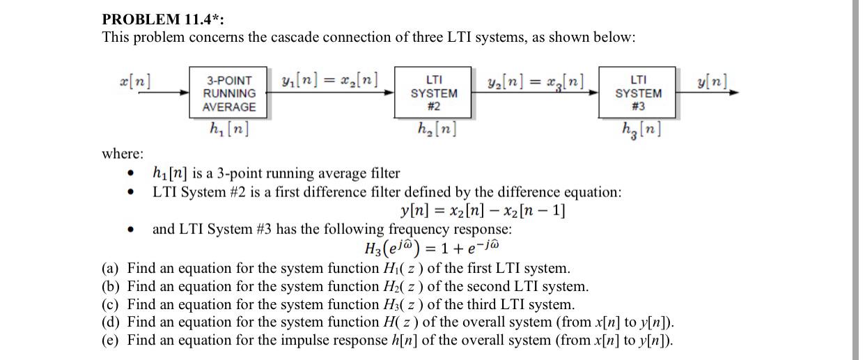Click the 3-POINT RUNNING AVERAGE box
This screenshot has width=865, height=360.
point(228,93)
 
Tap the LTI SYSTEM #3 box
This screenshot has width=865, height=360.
point(637,93)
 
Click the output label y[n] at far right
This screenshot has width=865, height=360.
point(712,78)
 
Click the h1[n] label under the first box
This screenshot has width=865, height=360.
point(228,129)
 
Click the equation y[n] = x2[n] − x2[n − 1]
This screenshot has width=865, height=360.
point(483,210)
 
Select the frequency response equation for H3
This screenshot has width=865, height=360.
point(432,247)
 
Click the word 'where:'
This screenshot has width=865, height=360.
point(123,153)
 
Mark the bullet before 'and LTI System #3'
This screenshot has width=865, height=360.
point(130,229)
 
